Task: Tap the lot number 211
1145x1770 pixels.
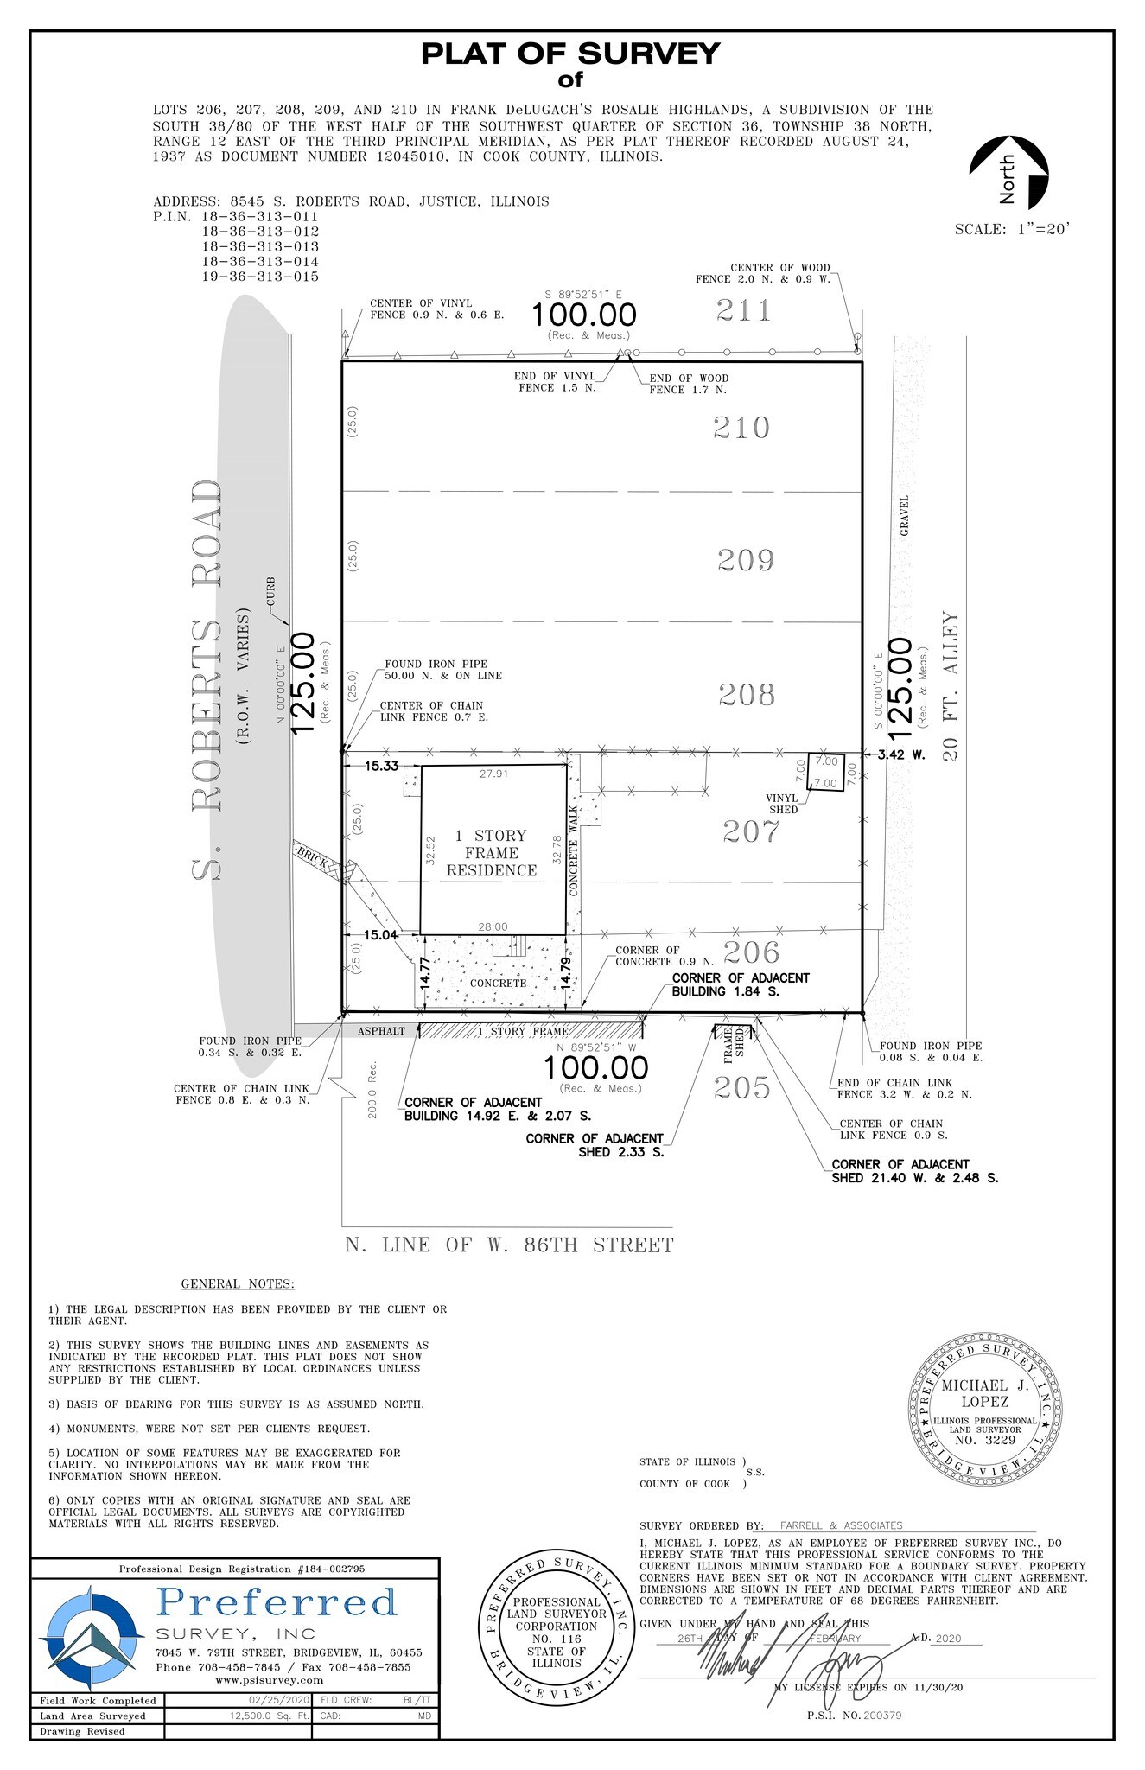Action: click(743, 310)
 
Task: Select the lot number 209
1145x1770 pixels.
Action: click(746, 560)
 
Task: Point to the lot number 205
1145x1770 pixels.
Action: click(742, 1087)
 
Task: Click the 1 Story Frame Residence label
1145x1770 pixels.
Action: click(492, 853)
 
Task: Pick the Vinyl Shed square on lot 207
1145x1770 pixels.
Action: click(824, 772)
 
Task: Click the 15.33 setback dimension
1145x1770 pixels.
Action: click(381, 766)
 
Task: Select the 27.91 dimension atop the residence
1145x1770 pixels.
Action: click(493, 774)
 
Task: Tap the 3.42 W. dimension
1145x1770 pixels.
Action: click(901, 754)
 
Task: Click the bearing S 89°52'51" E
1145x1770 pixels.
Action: click(584, 293)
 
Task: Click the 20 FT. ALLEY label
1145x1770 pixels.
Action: click(951, 687)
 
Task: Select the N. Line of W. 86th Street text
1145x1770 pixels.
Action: click(509, 1245)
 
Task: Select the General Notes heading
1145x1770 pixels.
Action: click(238, 1284)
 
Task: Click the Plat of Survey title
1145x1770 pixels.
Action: click(570, 54)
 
